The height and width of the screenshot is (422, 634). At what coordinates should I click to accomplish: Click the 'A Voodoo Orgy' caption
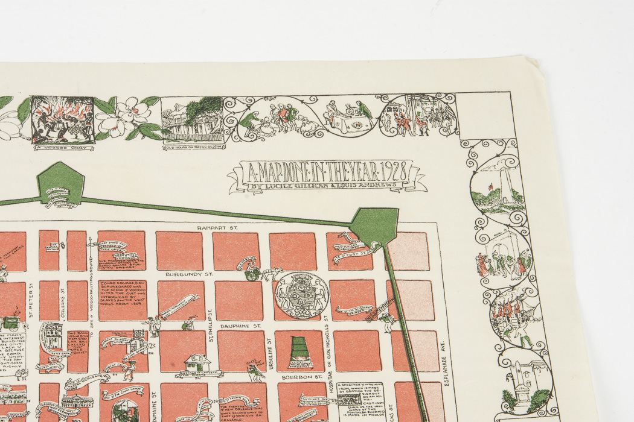coord(62,147)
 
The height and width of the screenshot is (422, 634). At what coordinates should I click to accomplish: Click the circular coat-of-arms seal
coord(302,294)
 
